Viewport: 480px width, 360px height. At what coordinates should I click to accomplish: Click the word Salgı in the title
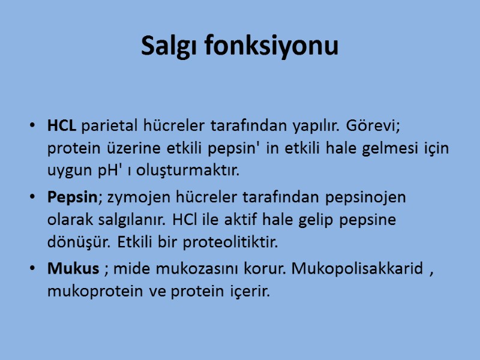click(169, 46)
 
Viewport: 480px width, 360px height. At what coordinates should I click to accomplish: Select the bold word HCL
click(62, 127)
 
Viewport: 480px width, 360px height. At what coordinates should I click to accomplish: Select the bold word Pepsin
click(67, 197)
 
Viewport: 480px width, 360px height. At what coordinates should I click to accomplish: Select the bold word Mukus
click(73, 269)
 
